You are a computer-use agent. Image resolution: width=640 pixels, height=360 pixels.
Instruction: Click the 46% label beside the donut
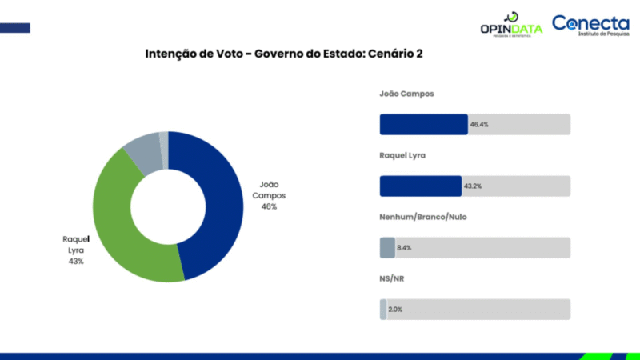269,206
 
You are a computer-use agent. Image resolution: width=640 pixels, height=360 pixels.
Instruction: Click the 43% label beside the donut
76,261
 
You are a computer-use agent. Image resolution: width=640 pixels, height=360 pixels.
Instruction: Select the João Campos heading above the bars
406,94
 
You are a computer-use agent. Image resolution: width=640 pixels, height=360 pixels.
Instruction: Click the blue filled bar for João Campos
423,125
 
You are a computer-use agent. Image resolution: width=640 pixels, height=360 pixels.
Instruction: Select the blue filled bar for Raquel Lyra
420,186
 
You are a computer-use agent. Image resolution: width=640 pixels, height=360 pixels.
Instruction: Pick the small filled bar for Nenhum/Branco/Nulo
387,248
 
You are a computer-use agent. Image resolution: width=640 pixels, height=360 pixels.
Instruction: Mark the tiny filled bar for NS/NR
383,310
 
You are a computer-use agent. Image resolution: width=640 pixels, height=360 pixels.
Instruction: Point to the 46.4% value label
480,125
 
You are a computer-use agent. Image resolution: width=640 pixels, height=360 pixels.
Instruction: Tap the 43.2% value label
473,186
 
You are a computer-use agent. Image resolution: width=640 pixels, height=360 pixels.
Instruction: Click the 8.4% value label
404,248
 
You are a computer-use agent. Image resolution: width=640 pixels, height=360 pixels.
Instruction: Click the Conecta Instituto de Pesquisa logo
591,26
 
